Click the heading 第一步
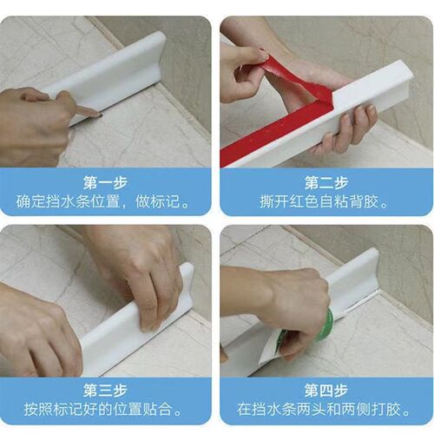pos(106,182)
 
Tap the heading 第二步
pos(326,182)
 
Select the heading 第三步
pos(106,391)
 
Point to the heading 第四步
pos(326,391)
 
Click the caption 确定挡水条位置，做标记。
pos(102,201)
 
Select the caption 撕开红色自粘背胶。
pos(324,201)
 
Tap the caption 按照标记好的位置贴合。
pos(102,410)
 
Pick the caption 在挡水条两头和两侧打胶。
pos(324,410)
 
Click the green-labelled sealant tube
pos(301,339)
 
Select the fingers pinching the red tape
pos(246,69)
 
